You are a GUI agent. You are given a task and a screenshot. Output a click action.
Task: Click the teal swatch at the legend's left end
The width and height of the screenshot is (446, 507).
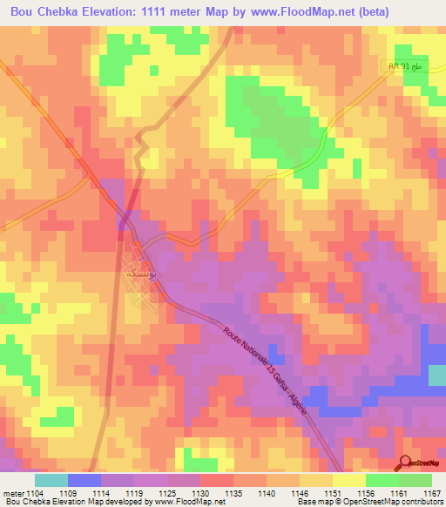coord(51,479)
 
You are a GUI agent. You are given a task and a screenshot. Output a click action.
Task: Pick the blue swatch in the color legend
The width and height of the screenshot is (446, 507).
coord(84,479)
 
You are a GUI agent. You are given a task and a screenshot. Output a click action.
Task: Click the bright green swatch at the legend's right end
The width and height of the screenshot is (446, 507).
coord(415,479)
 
